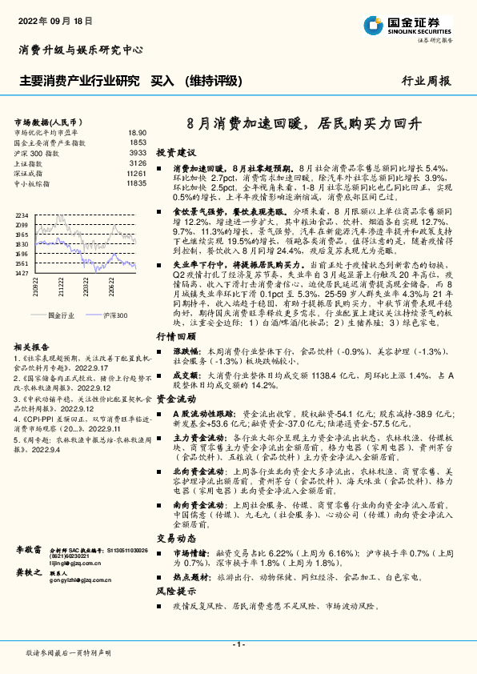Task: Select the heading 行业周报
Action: click(x=426, y=81)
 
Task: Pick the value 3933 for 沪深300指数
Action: click(x=138, y=152)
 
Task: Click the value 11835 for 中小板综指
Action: click(x=136, y=183)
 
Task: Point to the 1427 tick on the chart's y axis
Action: click(x=22, y=272)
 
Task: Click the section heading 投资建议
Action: click(x=175, y=151)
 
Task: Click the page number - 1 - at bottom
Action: click(x=238, y=644)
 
